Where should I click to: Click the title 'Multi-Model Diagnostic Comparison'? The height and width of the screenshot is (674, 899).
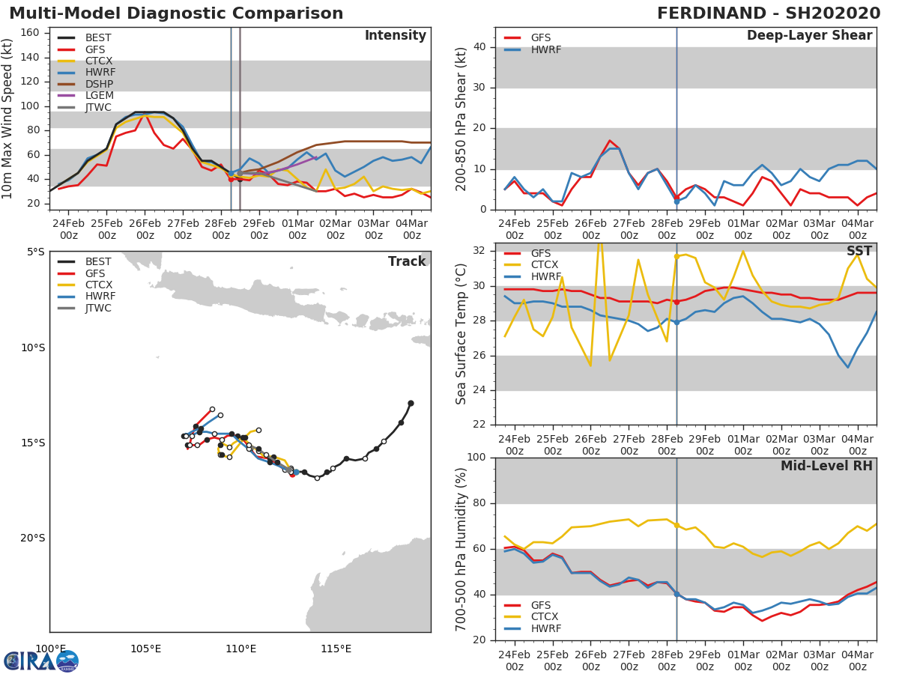176,13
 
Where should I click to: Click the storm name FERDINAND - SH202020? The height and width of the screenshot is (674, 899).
769,13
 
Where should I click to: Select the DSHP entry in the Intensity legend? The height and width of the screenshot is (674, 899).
98,84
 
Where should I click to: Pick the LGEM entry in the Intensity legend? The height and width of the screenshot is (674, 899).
98,95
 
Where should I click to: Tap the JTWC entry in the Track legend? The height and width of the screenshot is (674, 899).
98,308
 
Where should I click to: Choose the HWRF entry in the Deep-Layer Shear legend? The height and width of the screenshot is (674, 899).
545,49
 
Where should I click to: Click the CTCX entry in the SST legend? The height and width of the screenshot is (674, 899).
545,265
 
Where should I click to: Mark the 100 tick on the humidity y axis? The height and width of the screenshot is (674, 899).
476,458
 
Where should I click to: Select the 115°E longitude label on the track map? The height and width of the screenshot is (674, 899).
336,649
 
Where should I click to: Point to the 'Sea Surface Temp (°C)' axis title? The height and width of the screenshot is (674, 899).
461,334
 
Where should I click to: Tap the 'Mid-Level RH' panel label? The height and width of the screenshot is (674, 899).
826,466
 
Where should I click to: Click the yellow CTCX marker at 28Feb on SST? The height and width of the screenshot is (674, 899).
676,256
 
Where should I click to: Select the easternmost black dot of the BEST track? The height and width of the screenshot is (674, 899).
411,403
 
